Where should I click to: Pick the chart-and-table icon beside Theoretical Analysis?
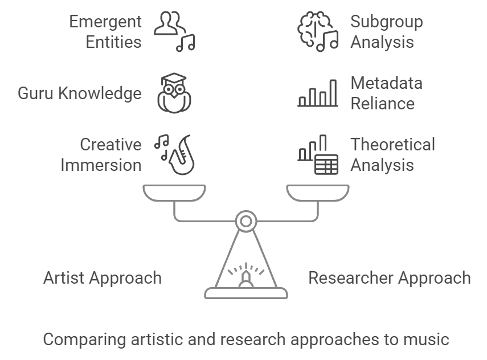[318, 155]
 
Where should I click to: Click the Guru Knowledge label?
[80, 93]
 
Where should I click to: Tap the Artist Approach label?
[103, 278]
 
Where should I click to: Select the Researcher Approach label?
[390, 278]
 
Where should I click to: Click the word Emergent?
[106, 22]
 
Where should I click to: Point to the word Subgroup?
[387, 22]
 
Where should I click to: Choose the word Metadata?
[387, 84]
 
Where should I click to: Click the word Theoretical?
[392, 145]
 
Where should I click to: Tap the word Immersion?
[101, 165]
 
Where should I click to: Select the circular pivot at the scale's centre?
[245, 220]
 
